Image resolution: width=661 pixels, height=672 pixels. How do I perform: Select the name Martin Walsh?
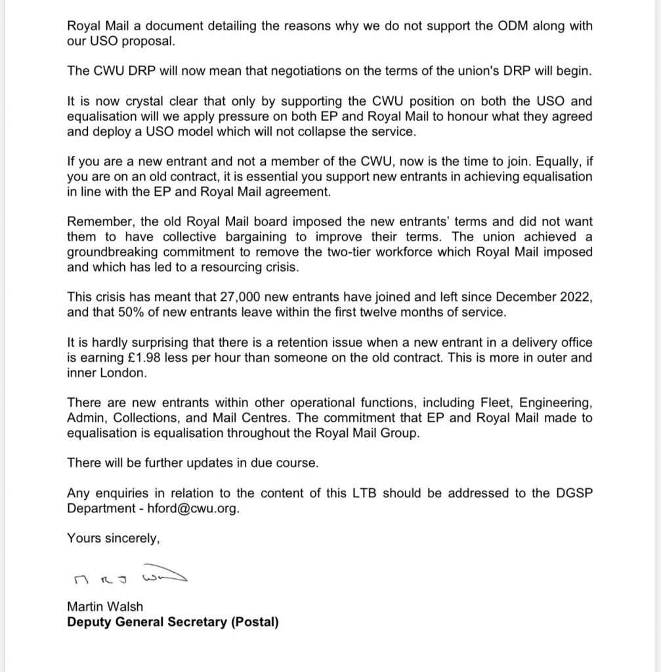104,606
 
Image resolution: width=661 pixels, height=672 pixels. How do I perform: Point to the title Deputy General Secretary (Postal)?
173,621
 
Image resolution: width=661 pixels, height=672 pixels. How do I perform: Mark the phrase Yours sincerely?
113,538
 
